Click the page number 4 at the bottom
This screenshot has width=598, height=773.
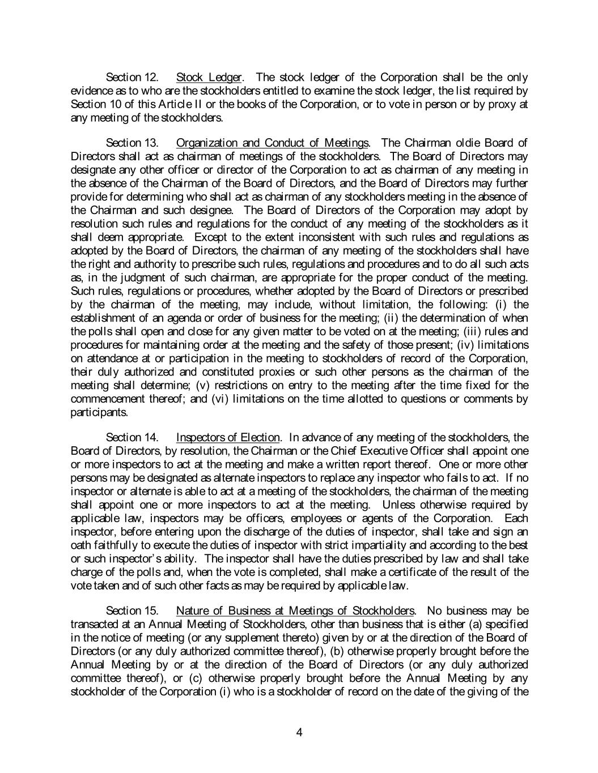coord(299,732)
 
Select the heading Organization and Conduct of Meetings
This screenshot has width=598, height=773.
coord(272,142)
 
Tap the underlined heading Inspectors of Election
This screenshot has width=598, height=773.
coord(228,437)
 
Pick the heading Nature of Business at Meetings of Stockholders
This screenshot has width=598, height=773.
coord(295,610)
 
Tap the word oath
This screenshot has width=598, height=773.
coord(79,545)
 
